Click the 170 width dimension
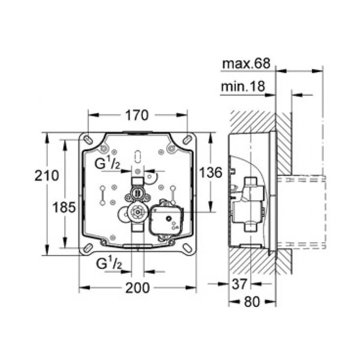tap(137, 115)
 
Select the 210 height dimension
tap(47, 175)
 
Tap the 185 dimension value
tap(64, 207)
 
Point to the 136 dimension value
tap(211, 172)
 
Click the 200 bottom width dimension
tap(138, 288)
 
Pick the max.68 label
tap(246, 63)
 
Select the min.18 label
tap(243, 86)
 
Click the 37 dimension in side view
tap(240, 284)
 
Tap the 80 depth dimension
tap(252, 302)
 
